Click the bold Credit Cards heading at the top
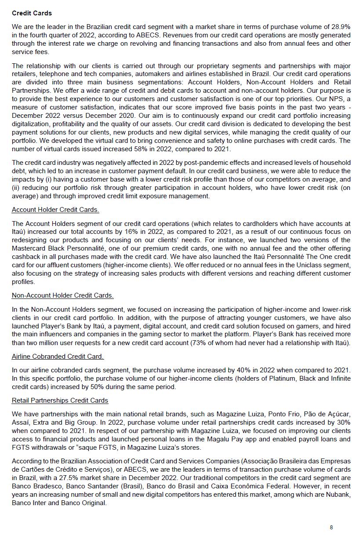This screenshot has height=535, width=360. pos(32,13)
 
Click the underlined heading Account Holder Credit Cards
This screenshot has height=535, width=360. pos(55,209)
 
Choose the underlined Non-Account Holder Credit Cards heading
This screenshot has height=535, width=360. pos(62,295)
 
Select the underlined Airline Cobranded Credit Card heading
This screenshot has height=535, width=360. pos(58,356)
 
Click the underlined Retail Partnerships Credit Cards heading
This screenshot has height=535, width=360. pos(60,400)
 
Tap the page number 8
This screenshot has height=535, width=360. pos(331,527)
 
